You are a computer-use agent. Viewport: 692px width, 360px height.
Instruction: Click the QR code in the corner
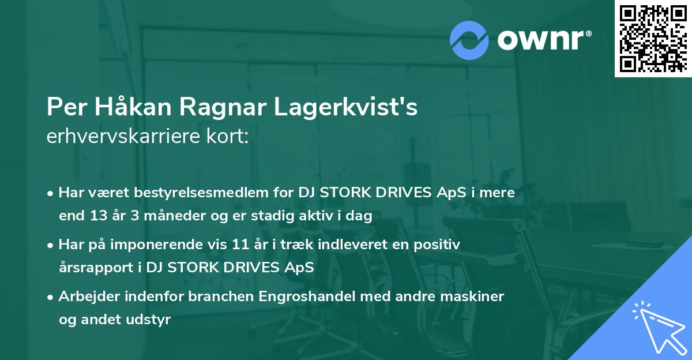click(653, 38)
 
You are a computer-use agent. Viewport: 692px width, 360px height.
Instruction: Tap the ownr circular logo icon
click(469, 39)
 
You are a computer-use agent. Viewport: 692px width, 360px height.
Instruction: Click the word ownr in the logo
click(542, 39)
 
